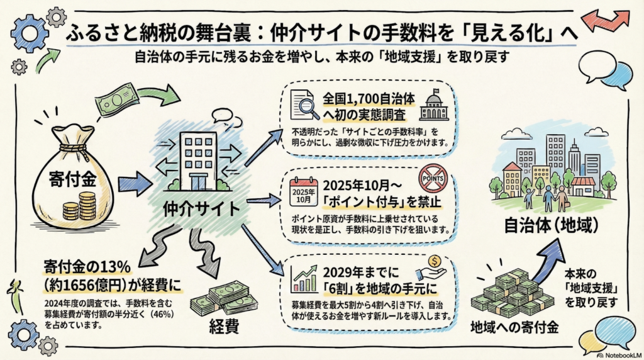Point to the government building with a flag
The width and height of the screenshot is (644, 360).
pyautogui.click(x=433, y=105)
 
